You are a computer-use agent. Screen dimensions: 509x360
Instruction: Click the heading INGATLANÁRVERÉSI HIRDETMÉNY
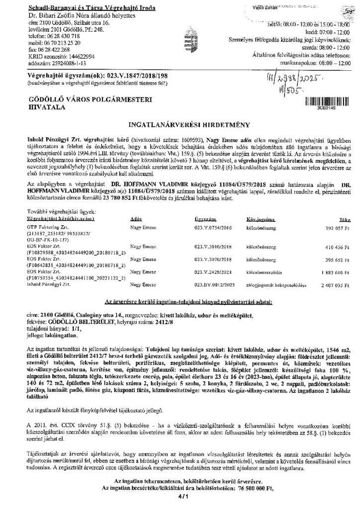point(180,121)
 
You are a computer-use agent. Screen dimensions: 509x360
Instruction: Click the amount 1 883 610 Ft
point(325,272)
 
